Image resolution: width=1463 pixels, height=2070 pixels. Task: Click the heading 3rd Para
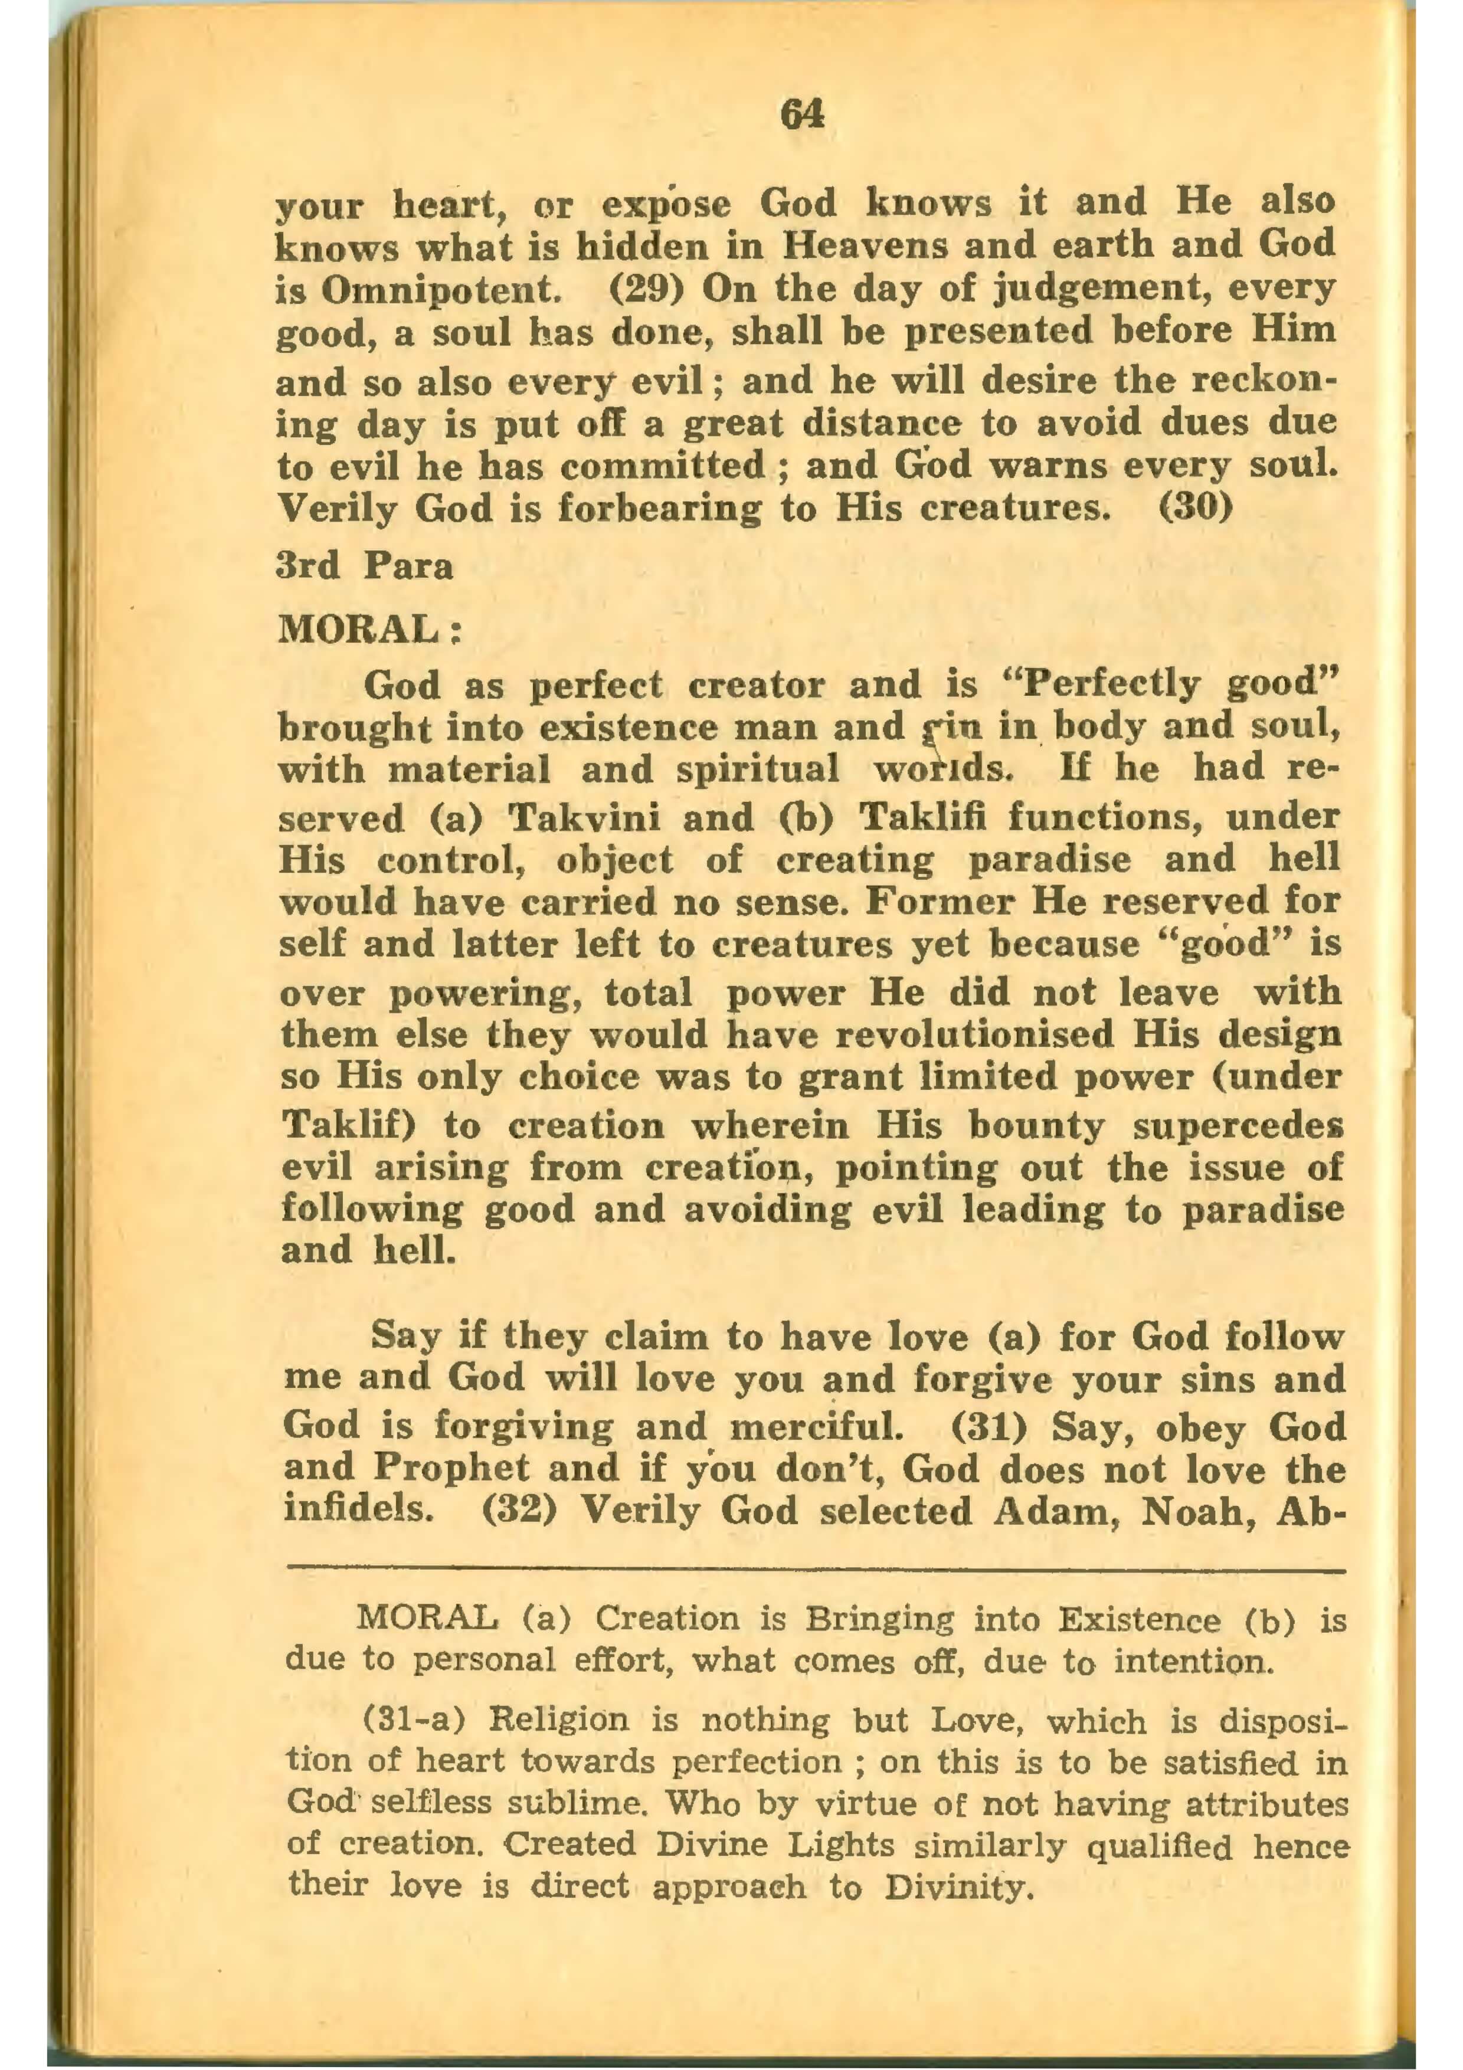point(364,567)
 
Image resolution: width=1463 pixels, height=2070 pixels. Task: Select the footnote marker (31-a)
point(412,1722)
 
